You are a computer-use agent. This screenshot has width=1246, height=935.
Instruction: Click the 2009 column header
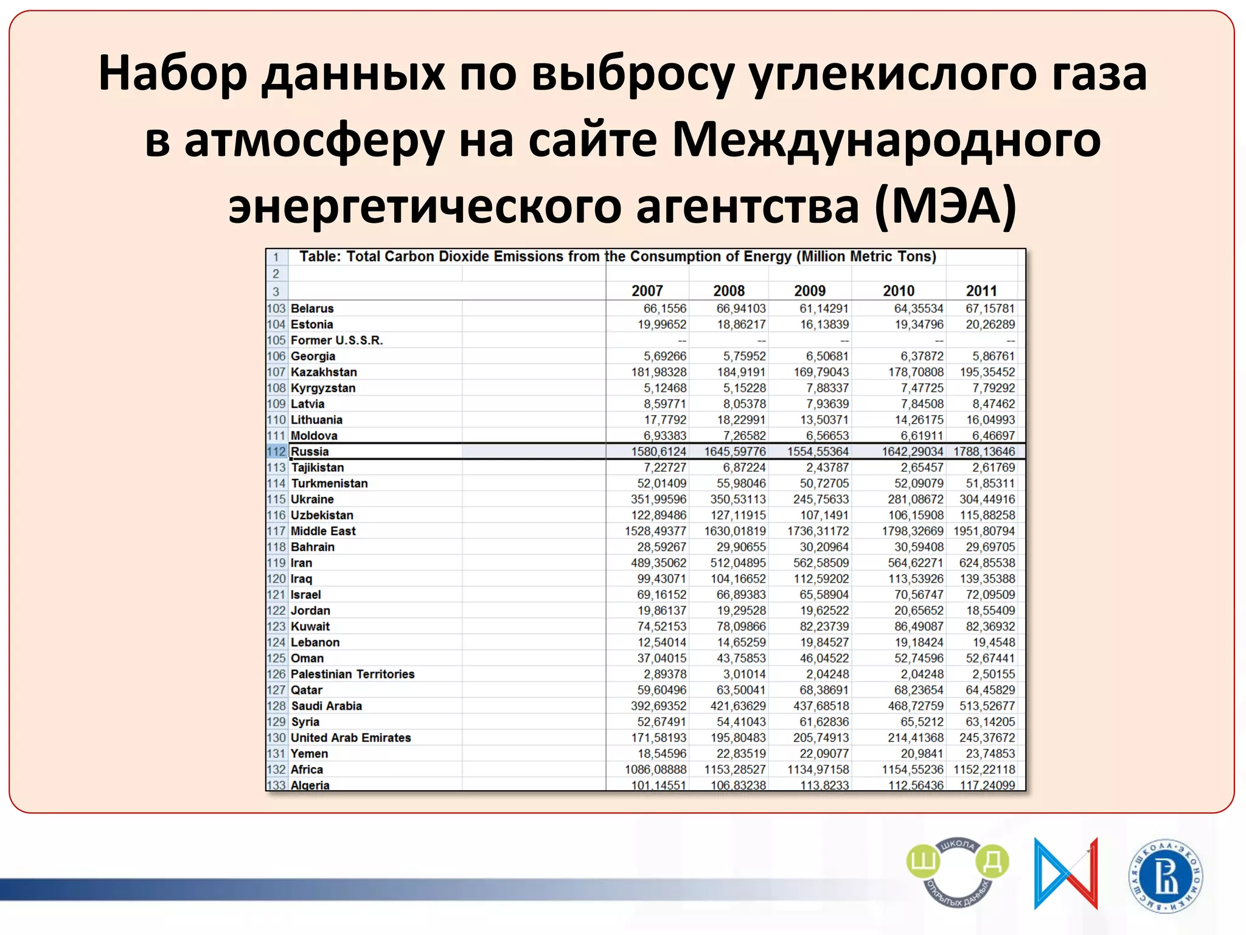point(810,291)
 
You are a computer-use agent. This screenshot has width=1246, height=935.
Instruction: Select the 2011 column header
point(981,291)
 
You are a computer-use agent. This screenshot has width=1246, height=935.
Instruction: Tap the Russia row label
point(310,452)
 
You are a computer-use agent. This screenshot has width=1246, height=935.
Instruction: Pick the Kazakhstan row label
point(324,372)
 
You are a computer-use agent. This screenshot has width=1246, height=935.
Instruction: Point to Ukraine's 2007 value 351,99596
point(658,499)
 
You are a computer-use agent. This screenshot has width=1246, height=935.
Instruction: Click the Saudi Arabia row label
point(326,706)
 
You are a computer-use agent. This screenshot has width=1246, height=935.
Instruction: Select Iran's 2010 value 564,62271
point(916,563)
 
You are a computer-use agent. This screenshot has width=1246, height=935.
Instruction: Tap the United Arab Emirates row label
point(351,738)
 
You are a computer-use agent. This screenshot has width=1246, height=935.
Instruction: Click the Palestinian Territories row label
point(352,674)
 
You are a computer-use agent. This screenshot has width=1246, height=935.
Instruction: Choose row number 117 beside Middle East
point(276,531)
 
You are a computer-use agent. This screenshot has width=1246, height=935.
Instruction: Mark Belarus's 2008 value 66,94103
point(741,309)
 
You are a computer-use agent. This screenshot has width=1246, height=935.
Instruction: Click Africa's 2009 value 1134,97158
point(818,769)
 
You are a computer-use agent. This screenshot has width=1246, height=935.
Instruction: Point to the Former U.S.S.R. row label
point(336,340)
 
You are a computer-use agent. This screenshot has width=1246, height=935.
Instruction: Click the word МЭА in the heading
point(945,206)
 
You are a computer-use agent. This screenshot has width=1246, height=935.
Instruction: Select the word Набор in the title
point(173,73)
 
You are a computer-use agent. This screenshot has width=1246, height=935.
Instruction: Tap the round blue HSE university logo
point(1166,877)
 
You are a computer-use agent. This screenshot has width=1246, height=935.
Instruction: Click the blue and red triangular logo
point(1066,873)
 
